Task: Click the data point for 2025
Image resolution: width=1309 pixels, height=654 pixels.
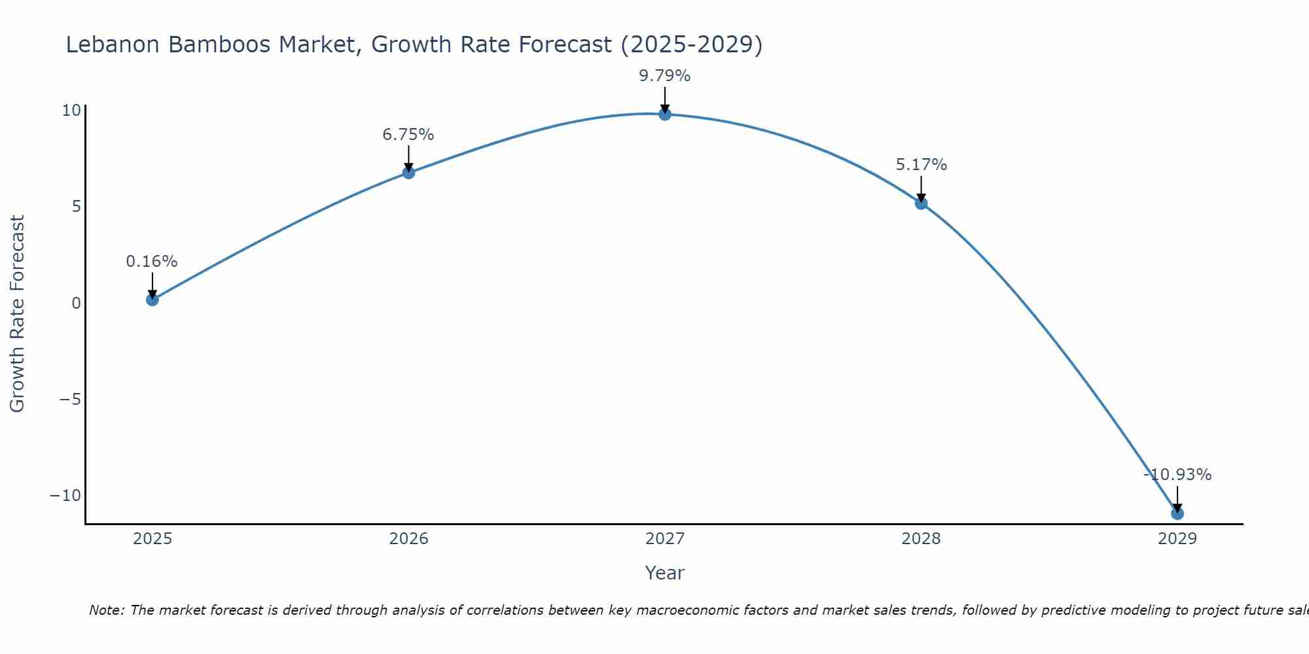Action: pyautogui.click(x=152, y=300)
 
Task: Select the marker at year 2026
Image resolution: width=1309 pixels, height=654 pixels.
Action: pyautogui.click(x=408, y=173)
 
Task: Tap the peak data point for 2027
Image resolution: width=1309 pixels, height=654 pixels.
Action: pyautogui.click(x=665, y=114)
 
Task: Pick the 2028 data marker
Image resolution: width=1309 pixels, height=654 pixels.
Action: pyautogui.click(x=921, y=203)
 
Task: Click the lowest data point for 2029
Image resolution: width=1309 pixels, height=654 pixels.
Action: pyautogui.click(x=1177, y=513)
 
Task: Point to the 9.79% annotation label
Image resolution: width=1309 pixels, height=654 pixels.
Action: pyautogui.click(x=665, y=76)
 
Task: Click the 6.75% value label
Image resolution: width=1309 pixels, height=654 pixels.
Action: pyautogui.click(x=408, y=135)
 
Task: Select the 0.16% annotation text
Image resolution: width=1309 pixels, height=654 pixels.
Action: pyautogui.click(x=152, y=262)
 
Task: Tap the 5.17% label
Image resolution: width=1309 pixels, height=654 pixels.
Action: pyautogui.click(x=921, y=165)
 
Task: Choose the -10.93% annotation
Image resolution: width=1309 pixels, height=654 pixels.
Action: pyautogui.click(x=1177, y=475)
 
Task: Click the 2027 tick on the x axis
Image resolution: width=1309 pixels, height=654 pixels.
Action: pyautogui.click(x=665, y=539)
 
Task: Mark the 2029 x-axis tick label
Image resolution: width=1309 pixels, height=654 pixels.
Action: pyautogui.click(x=1177, y=539)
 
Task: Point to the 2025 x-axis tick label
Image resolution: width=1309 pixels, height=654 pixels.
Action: pyautogui.click(x=152, y=539)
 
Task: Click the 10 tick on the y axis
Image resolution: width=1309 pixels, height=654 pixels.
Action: pyautogui.click(x=71, y=111)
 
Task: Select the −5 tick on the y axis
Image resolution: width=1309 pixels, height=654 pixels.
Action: pyautogui.click(x=70, y=400)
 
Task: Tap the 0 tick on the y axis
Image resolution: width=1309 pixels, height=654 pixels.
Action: pyautogui.click(x=77, y=303)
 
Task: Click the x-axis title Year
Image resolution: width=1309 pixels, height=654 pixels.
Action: pyautogui.click(x=665, y=573)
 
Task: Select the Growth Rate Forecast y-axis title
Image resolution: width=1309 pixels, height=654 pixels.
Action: pyautogui.click(x=18, y=314)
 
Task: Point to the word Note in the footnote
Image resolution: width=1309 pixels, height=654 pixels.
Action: pyautogui.click(x=105, y=610)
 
